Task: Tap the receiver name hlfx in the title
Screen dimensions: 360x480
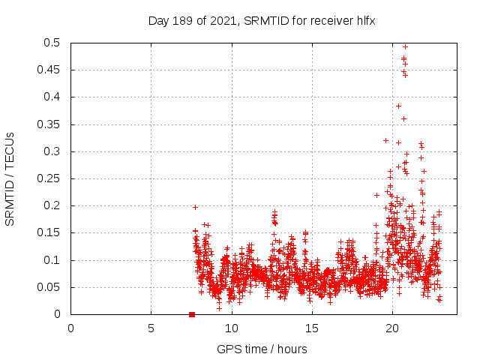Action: point(364,20)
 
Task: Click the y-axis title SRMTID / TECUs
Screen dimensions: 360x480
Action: point(10,178)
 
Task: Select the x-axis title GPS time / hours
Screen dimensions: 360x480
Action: point(262,349)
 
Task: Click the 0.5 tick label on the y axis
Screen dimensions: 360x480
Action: point(52,43)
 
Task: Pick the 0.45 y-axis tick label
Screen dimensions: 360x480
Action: point(49,70)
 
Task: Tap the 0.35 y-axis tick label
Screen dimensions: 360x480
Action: point(49,124)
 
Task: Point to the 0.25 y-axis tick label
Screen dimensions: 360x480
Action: point(49,178)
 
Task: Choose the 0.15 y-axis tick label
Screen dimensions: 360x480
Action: point(49,233)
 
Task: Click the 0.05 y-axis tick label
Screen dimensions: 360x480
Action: point(49,287)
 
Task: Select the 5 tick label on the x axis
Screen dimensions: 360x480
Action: point(151,328)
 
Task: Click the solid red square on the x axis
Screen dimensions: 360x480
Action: point(192,314)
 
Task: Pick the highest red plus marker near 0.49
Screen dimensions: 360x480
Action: point(406,46)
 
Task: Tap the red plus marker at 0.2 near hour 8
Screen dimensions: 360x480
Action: point(195,207)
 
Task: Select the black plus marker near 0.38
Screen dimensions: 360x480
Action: point(398,106)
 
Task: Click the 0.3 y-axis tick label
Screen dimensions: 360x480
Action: point(52,151)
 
